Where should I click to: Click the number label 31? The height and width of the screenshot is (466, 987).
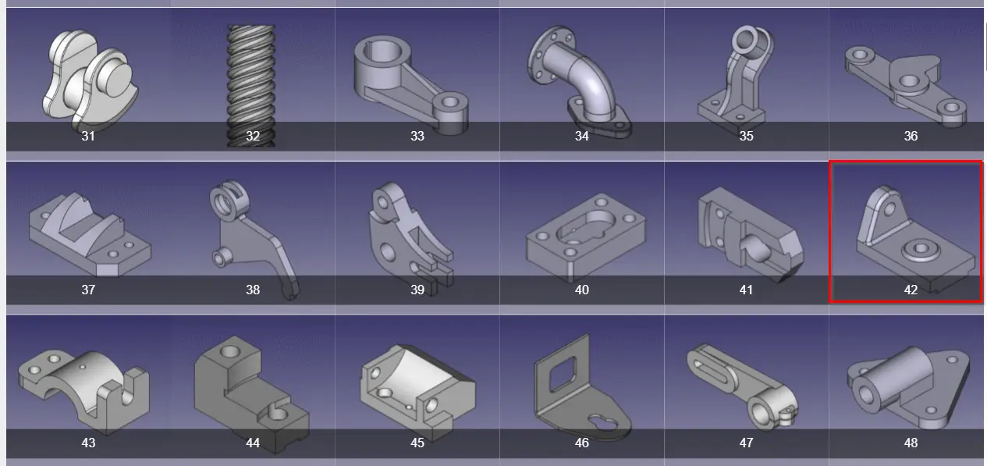tap(88, 136)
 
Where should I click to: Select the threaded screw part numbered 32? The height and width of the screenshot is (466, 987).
tap(251, 86)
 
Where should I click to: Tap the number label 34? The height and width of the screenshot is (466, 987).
tap(581, 136)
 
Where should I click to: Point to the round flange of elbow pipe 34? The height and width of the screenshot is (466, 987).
tap(552, 54)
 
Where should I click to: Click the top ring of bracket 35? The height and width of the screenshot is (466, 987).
tap(747, 41)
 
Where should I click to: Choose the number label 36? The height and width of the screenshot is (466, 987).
tap(911, 136)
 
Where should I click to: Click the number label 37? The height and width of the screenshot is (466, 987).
tap(88, 290)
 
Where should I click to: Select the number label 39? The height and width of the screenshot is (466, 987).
tap(417, 290)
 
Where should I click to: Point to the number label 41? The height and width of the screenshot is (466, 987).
tap(746, 290)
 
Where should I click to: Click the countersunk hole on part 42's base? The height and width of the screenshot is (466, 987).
tap(921, 250)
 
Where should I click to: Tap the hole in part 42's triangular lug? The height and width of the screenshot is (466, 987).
tap(889, 208)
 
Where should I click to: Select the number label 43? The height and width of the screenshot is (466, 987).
tap(88, 443)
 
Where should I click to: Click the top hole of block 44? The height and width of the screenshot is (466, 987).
tap(230, 352)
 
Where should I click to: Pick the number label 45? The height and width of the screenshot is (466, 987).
tap(417, 443)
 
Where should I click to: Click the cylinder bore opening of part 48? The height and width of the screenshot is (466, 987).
tap(865, 395)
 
